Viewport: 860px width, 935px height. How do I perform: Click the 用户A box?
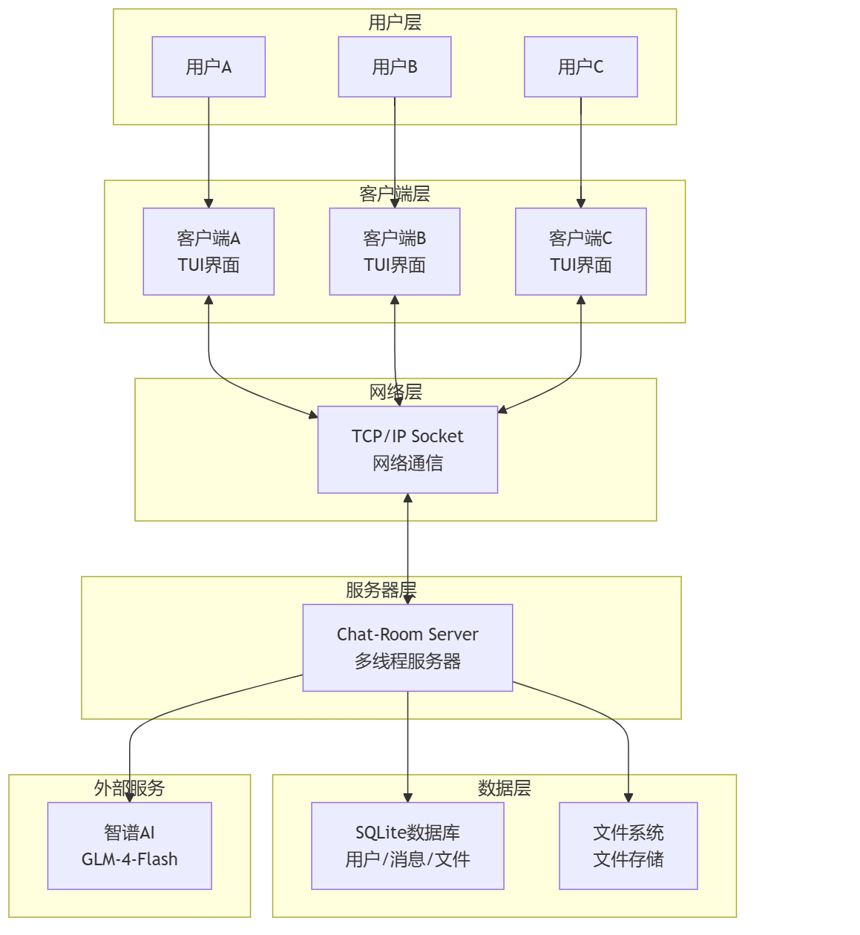pos(209,67)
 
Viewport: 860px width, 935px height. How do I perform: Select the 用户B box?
pos(394,67)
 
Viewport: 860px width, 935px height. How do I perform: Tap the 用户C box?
pos(580,67)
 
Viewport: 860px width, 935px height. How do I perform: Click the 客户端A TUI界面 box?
pos(209,252)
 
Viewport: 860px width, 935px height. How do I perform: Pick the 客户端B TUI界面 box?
pos(394,252)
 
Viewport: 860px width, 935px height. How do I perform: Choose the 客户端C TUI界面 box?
pos(580,252)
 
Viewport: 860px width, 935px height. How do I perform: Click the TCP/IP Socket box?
pos(407,450)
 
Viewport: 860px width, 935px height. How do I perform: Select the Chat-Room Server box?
pos(407,647)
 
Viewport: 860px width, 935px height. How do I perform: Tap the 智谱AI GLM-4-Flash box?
pos(129,845)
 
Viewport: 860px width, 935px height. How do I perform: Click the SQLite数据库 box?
pos(407,845)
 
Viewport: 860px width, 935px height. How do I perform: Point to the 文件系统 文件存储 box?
pos(628,845)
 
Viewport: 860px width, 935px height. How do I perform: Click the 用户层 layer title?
pos(394,22)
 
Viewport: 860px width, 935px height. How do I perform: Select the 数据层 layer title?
pos(504,788)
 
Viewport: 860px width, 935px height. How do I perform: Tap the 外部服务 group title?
pos(129,788)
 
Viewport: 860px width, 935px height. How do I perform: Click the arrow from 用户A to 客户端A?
pos(209,152)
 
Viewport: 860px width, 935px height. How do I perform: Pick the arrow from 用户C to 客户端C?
pos(580,152)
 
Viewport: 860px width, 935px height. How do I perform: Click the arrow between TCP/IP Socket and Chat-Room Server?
pos(407,548)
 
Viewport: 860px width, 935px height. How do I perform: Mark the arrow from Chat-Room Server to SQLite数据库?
pos(407,747)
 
